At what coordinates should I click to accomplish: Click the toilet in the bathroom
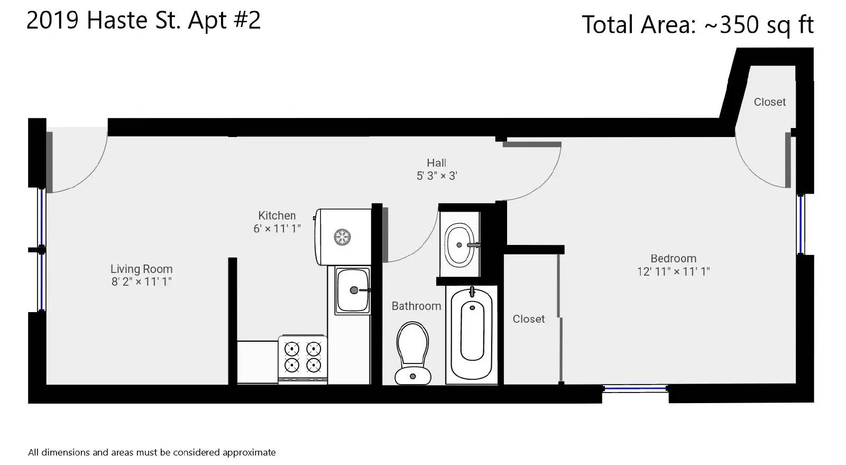pos(413,353)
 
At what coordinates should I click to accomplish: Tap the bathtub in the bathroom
pos(472,335)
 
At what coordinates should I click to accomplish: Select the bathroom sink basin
pos(459,245)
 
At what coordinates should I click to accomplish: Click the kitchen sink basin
pos(353,290)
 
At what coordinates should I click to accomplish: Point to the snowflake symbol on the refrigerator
pos(342,237)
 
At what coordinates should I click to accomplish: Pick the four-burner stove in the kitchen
pos(302,359)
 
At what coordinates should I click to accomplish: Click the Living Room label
pos(141,269)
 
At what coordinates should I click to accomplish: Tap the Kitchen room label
pos(277,216)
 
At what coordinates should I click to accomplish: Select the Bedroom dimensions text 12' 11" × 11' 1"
pos(674,271)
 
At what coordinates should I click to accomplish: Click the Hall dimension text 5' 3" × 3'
pos(437,176)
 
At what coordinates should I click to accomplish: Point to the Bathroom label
pos(416,306)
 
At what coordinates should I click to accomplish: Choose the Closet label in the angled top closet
pos(770,102)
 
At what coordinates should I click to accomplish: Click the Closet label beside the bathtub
pos(528,319)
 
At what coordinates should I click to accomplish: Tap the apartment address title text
pos(143,21)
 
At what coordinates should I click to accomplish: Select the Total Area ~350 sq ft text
pos(697,25)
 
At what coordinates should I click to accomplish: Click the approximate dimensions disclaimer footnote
pos(152,452)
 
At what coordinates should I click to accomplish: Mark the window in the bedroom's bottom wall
pos(635,389)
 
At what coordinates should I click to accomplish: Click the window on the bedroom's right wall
pos(801,224)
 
